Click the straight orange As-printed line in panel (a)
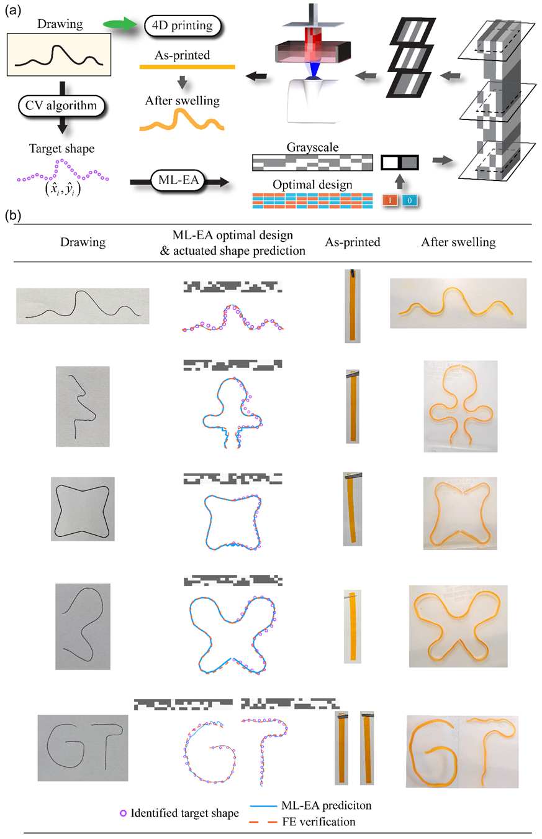[x=186, y=66]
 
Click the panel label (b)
[x=14, y=217]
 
